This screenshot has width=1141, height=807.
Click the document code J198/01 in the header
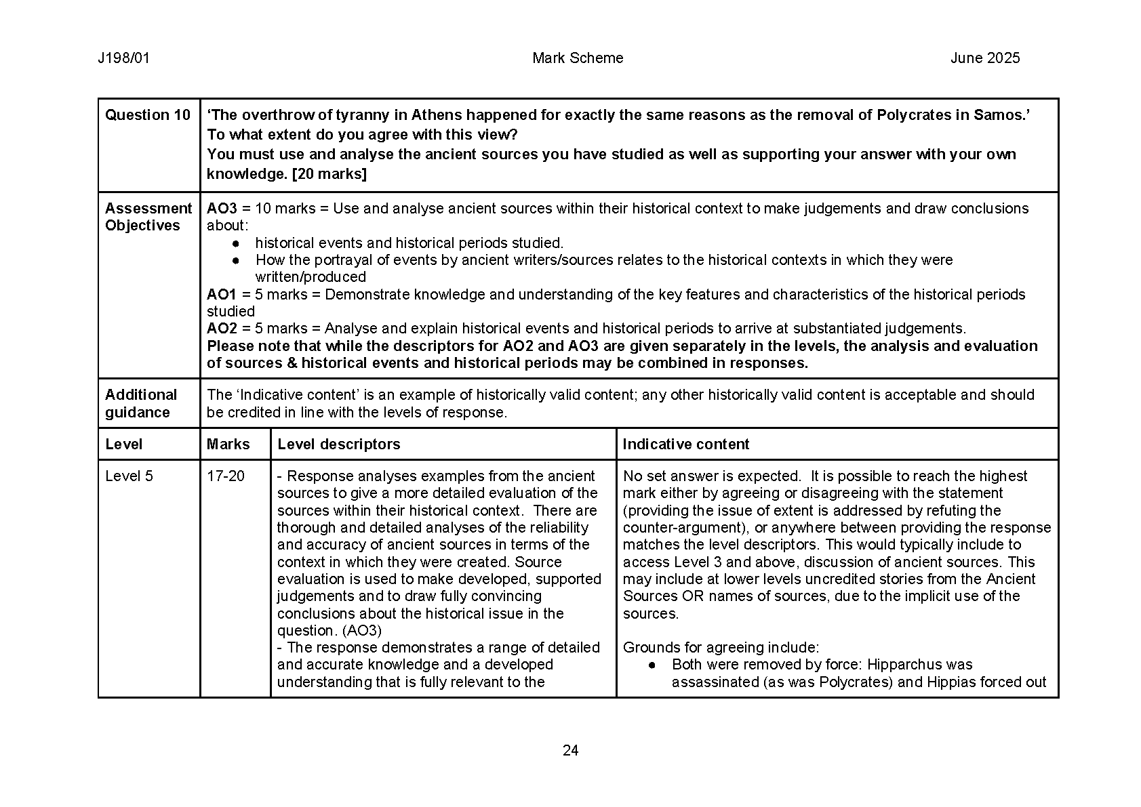(x=123, y=58)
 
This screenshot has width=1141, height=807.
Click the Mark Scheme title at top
(x=578, y=58)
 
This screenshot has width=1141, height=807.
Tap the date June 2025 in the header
(x=984, y=58)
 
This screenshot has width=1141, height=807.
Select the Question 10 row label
(x=148, y=115)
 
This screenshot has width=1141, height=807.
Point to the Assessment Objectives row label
(x=148, y=217)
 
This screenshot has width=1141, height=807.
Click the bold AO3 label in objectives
(x=222, y=209)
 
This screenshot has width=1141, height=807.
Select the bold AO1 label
(x=222, y=295)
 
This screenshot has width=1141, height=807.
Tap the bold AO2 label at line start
(x=222, y=329)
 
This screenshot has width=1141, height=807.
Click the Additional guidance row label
(x=141, y=403)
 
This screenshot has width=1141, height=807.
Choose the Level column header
(x=124, y=444)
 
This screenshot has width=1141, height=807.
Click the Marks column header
(x=228, y=444)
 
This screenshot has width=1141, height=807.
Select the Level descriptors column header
(x=339, y=444)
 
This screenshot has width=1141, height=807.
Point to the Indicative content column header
(x=686, y=444)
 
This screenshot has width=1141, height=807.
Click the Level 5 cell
(x=129, y=476)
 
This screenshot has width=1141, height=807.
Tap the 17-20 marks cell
(x=226, y=476)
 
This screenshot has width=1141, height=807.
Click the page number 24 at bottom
(x=570, y=750)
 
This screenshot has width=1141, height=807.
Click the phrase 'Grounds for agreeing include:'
(x=721, y=648)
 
